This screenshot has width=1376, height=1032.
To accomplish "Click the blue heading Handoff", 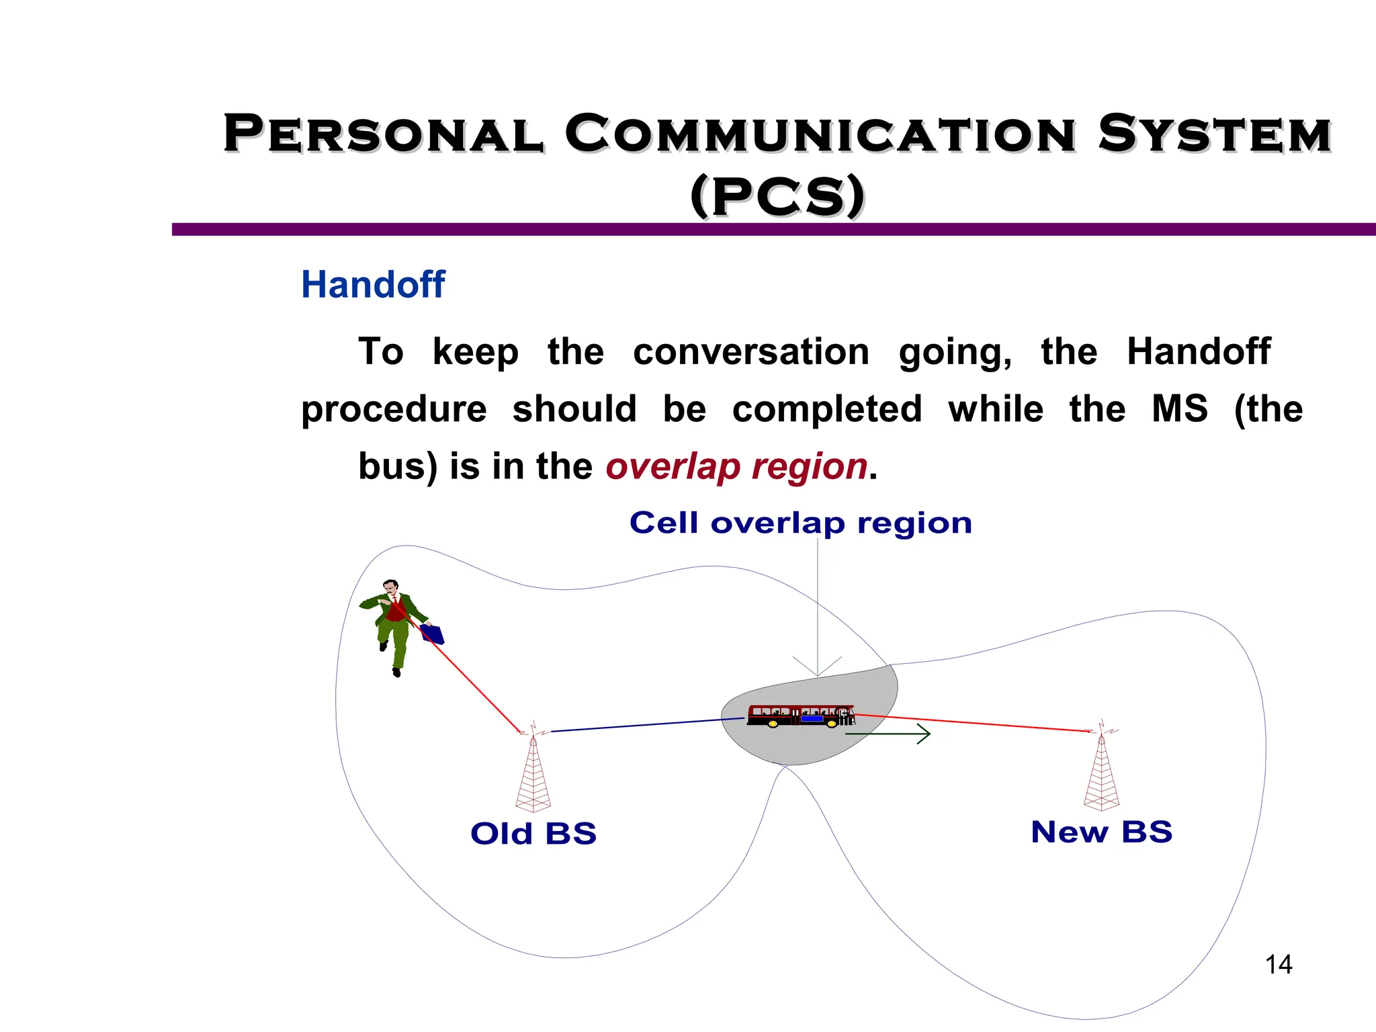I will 373,284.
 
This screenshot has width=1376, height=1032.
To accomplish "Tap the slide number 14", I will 1278,965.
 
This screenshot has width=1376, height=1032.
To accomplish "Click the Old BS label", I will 533,834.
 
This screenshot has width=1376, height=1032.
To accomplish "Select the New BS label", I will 1101,832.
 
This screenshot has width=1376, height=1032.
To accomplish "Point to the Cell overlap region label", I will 800,523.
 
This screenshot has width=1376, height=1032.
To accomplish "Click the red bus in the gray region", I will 800,716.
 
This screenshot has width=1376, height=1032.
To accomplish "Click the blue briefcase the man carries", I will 433,634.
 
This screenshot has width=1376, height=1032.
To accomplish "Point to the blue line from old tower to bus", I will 645,725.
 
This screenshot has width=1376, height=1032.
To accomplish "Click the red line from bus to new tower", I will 974,723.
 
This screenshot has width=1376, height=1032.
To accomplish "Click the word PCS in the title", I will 777,196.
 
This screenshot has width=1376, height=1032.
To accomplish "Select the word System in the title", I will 1214,134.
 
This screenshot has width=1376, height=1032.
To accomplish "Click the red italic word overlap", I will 673,466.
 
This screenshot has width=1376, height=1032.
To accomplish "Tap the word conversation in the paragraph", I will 751,352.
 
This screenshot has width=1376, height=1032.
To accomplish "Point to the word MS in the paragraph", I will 1179,409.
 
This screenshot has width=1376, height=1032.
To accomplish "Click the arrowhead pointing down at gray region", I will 817,669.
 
